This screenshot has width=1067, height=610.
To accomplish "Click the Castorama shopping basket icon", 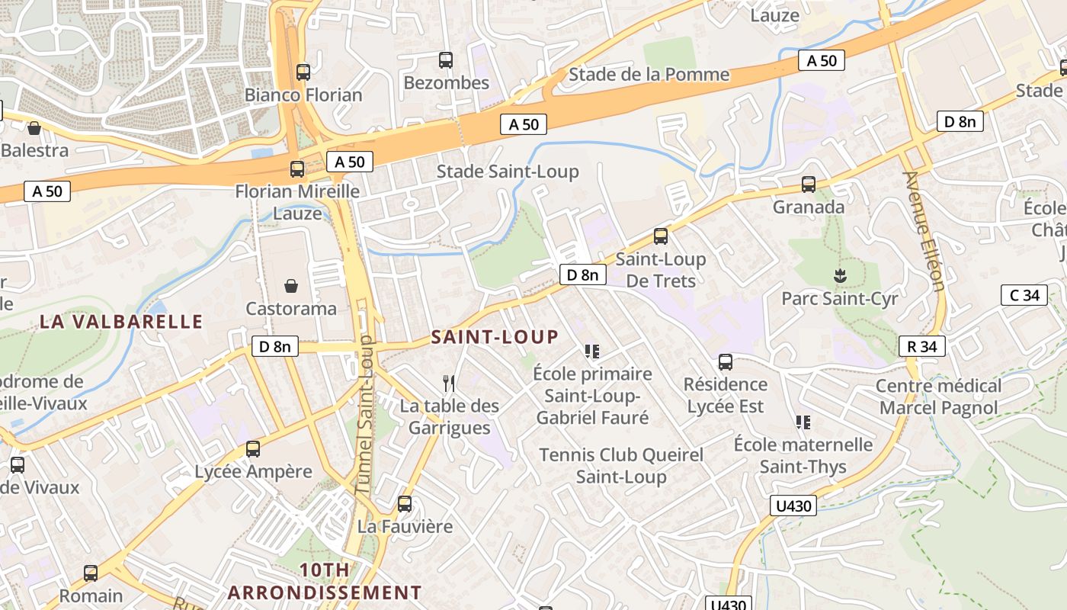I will pos(291,287).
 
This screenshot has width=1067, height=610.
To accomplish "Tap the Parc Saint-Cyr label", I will pos(840,298).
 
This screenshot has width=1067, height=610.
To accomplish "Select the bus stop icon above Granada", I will pos(809,185).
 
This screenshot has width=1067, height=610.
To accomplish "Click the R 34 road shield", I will pos(922,346).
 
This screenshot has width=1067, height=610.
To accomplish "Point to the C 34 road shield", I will pos(1024,295).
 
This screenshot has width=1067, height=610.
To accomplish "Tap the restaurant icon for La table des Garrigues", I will pos(450,383).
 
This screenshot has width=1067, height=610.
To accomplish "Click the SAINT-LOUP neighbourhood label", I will pos(495,337).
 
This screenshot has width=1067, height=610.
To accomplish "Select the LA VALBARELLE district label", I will pos(121,321).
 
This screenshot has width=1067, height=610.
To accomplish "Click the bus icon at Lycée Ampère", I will pos(253,449).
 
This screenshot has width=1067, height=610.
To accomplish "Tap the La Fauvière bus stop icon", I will pos(405,504).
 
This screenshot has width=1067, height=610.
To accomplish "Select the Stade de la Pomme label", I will pos(649,75).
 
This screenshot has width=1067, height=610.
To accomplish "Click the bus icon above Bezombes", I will pos(446,60).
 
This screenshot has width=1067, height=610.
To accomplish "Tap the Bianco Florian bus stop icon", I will pos(303,72).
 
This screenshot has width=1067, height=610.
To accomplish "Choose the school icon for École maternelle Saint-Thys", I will pos(803,422).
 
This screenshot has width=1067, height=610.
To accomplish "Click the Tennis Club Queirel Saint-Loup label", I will pos(621,466).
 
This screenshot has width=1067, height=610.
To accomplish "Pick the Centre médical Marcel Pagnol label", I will pos(938,396).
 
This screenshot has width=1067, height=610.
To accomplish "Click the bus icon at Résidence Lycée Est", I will pos(726,362).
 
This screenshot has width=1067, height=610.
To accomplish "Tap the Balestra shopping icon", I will pos(34,128).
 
